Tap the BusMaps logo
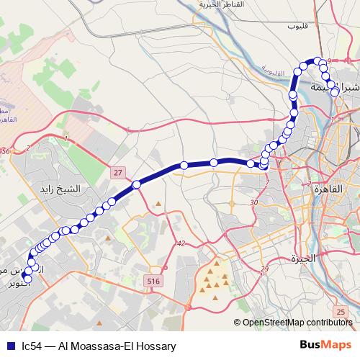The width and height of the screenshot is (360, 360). pos(321,345)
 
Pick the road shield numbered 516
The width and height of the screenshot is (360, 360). pos(152,279)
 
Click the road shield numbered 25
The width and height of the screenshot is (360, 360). pos(341,310)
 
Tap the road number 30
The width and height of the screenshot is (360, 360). pos(253,204)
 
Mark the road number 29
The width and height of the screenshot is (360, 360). pos(265,269)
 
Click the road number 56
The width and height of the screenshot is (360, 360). pos(6,151)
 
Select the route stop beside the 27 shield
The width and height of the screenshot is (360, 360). pos(135,184)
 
